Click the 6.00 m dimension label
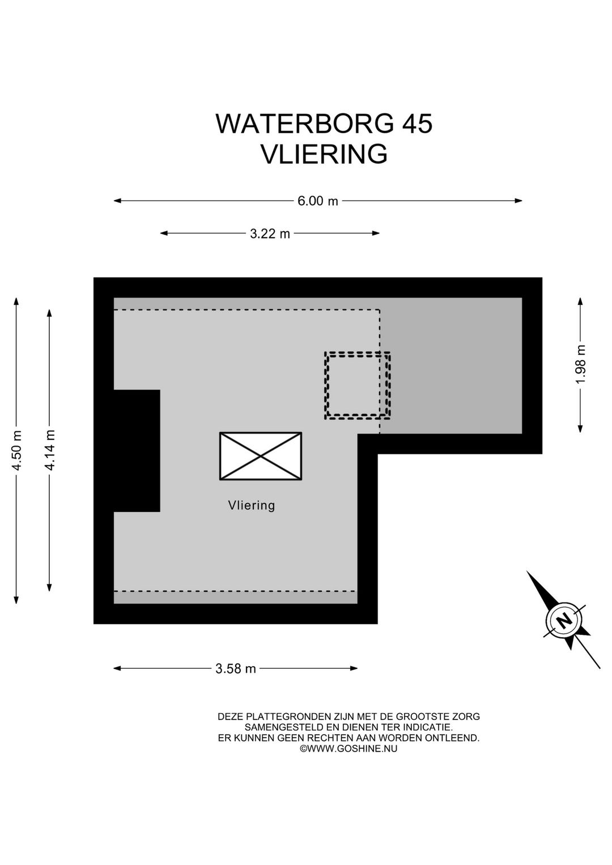click(x=317, y=201)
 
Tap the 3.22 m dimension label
click(x=270, y=234)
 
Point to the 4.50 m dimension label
click(x=17, y=451)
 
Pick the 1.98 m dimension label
click(x=581, y=364)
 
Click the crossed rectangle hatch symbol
click(x=261, y=456)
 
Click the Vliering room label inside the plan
click(x=252, y=506)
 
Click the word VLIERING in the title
click(x=324, y=154)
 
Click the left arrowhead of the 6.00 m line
click(x=117, y=201)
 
